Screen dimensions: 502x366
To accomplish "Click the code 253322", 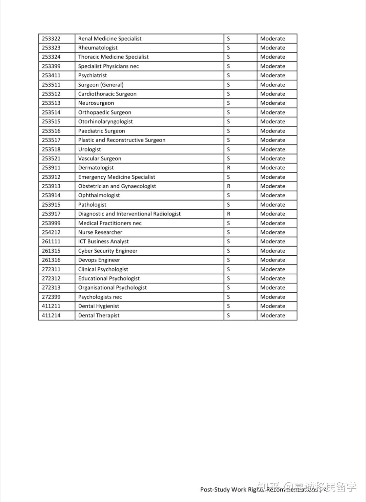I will [x=51, y=39].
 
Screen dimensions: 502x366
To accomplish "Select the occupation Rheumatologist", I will [x=98, y=48].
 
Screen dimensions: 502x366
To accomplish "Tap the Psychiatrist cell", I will [x=93, y=76].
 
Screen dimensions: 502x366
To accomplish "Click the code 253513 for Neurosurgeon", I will [x=51, y=103].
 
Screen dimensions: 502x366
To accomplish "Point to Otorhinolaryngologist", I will [x=105, y=122].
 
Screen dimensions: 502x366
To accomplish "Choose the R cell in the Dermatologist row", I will [x=229, y=168].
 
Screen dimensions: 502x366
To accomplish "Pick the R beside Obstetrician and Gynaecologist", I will [x=229, y=186].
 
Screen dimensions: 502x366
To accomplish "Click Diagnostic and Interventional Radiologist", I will [x=129, y=214].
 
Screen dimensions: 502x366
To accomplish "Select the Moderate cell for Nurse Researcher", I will [x=272, y=232].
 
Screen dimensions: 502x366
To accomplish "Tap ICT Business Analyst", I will [x=103, y=242].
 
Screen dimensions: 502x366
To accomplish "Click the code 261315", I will [x=51, y=251].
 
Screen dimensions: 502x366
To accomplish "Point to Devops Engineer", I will [x=99, y=260].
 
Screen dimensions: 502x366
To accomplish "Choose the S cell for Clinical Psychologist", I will [x=228, y=269].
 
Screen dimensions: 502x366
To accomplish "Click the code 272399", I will [x=51, y=297].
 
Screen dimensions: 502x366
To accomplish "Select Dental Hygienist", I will [x=99, y=306].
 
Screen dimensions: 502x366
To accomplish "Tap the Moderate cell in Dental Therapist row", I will [x=272, y=315].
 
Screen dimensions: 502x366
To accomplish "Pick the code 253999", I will [x=51, y=223].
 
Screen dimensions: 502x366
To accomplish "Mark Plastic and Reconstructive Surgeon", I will [x=122, y=140].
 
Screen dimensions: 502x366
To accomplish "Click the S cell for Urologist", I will [x=228, y=149].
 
